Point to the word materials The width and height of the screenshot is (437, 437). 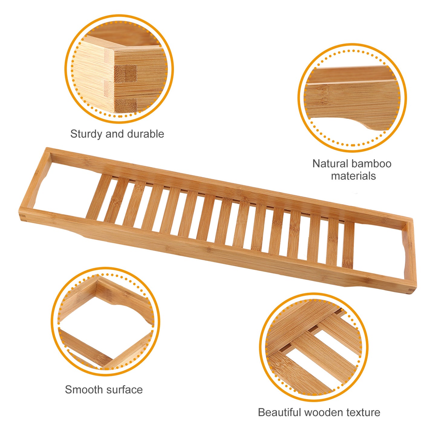point(353,176)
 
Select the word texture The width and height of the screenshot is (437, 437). point(363,413)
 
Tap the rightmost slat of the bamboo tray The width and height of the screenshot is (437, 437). point(348,245)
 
